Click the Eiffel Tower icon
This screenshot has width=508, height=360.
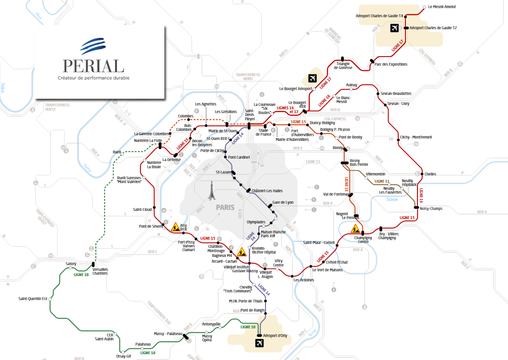tap(210, 190)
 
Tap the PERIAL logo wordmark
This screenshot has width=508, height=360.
tap(93, 66)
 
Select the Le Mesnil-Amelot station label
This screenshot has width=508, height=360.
tap(442, 7)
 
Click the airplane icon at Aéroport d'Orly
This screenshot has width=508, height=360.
tap(260, 343)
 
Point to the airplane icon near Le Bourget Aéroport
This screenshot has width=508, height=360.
tap(312, 78)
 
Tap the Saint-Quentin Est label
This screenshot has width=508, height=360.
tap(32, 299)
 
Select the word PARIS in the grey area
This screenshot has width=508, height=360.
tap(225, 208)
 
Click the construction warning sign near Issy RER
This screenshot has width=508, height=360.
tap(175, 227)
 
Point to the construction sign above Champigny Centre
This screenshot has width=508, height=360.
tap(356, 229)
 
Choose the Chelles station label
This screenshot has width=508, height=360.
tap(430, 174)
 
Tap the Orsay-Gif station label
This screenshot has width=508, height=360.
tap(123, 356)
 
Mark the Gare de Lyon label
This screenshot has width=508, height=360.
tap(283, 202)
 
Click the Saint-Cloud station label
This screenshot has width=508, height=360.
tap(142, 209)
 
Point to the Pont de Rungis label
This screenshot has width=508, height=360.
tap(253, 310)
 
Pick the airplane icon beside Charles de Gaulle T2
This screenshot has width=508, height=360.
tap(394, 28)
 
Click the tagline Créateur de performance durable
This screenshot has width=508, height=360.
tap(93, 78)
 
